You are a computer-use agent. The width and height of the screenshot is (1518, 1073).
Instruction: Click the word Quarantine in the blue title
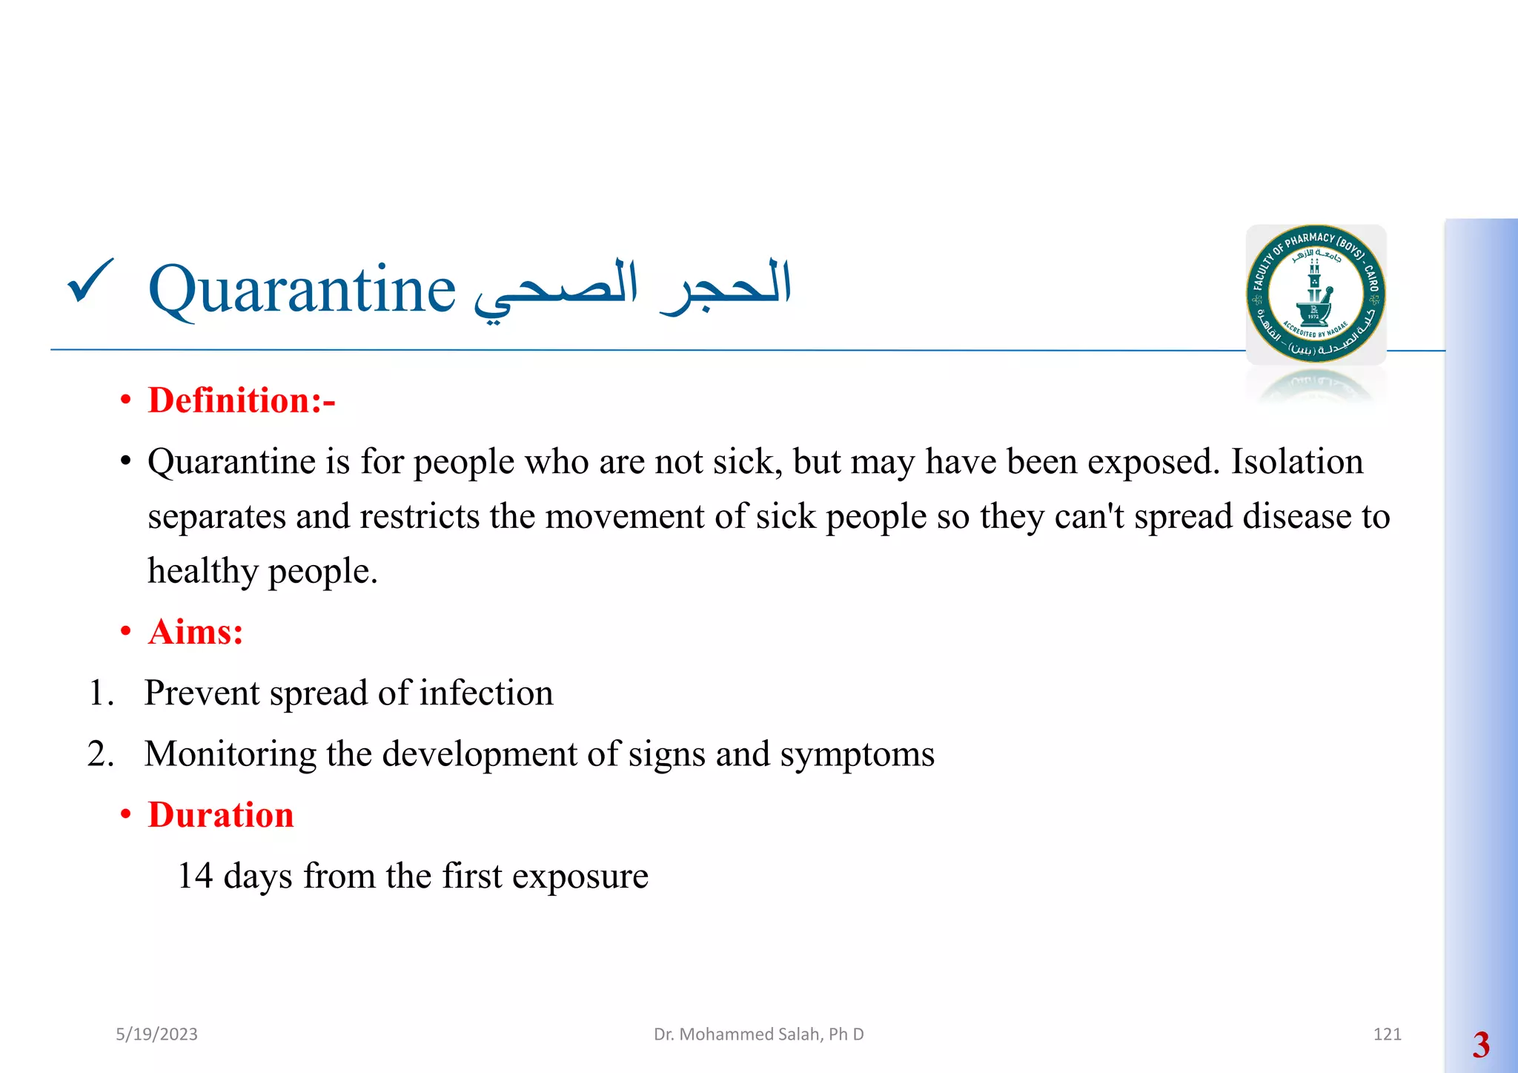[x=302, y=290]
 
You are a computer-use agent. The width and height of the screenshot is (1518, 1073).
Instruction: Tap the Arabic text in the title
[x=632, y=290]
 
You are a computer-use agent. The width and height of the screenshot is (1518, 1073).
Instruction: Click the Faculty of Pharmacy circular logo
[x=1316, y=294]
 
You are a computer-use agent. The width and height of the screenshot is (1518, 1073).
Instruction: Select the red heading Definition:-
[x=241, y=400]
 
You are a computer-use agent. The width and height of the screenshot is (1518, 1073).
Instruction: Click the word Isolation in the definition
[x=1296, y=461]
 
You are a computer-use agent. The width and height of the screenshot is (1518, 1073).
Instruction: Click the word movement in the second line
[x=624, y=516]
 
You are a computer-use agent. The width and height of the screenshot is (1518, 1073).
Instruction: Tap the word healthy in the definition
[x=202, y=571]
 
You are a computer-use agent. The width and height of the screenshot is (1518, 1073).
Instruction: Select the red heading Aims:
[x=195, y=632]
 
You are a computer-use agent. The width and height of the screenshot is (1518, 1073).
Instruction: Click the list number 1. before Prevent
[x=101, y=693]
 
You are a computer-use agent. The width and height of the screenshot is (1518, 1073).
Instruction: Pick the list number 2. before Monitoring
[x=101, y=754]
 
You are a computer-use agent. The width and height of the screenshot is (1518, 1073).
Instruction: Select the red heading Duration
[x=221, y=815]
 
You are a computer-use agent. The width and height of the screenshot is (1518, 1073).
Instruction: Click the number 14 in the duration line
[x=195, y=876]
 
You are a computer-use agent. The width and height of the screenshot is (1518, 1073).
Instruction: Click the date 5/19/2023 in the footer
[x=156, y=1034]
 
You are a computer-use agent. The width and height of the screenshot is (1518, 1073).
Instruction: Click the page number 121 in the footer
[x=1387, y=1034]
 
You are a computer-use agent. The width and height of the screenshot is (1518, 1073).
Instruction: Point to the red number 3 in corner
[x=1481, y=1045]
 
